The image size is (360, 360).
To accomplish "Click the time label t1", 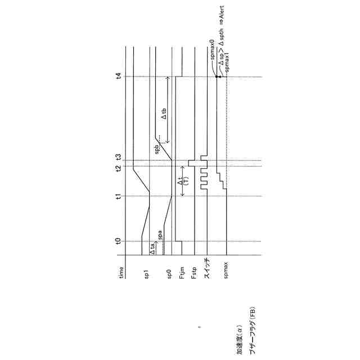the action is click(x=118, y=196).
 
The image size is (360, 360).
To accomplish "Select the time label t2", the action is click(x=118, y=168).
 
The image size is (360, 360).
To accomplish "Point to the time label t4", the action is click(x=118, y=77).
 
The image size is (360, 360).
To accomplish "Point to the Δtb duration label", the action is click(x=164, y=114).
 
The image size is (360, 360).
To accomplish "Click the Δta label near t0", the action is click(x=152, y=247).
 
